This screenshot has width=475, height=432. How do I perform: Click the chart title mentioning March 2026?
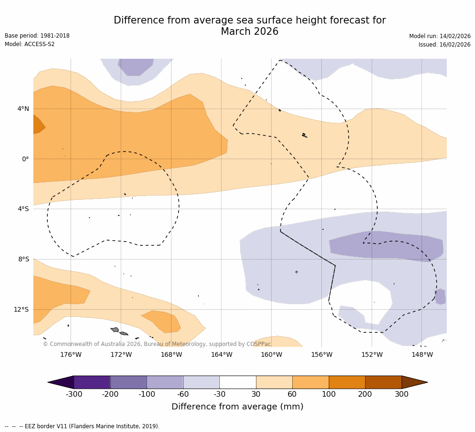click(x=249, y=26)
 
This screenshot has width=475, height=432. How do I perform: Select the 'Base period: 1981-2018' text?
click(x=37, y=36)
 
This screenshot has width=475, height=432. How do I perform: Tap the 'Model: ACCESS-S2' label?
click(x=30, y=44)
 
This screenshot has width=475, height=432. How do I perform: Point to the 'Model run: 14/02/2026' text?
click(x=439, y=36)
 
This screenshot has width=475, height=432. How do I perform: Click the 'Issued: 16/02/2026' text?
click(x=444, y=45)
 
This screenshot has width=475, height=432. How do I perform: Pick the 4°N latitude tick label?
click(x=23, y=109)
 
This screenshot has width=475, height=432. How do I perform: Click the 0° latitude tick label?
click(x=25, y=159)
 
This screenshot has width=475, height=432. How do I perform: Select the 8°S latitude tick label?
click(x=23, y=259)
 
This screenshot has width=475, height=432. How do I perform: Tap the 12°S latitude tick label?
click(x=21, y=309)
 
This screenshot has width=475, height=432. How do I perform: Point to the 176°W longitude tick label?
click(x=70, y=354)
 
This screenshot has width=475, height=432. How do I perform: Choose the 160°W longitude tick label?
click(x=272, y=354)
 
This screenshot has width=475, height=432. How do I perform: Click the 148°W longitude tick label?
click(x=422, y=354)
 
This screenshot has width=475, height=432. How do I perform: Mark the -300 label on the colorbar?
click(x=74, y=394)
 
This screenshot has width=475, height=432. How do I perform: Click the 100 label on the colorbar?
click(x=328, y=394)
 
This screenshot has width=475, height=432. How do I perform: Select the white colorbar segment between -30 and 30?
click(x=238, y=382)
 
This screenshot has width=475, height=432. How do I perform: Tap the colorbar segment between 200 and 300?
click(x=383, y=382)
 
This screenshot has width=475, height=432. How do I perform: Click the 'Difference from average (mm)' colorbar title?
click(x=237, y=407)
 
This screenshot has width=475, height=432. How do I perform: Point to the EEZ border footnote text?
click(x=82, y=426)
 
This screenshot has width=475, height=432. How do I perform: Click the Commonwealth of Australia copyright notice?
click(x=157, y=344)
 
